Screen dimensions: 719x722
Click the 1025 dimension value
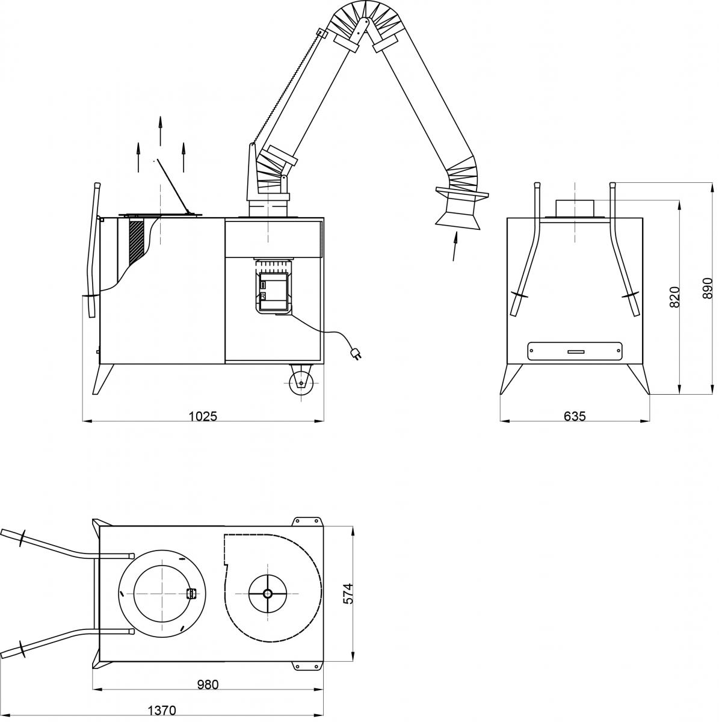pos(203,416)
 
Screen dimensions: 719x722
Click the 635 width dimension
pos(575,416)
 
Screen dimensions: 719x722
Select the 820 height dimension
pos(674,297)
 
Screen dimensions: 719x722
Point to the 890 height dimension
pos(708,288)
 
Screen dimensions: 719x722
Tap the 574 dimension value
pos(348,593)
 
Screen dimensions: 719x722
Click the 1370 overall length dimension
pos(162,711)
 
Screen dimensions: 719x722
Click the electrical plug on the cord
pos(355,354)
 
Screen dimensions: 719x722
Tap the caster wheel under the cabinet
pos(301,383)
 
